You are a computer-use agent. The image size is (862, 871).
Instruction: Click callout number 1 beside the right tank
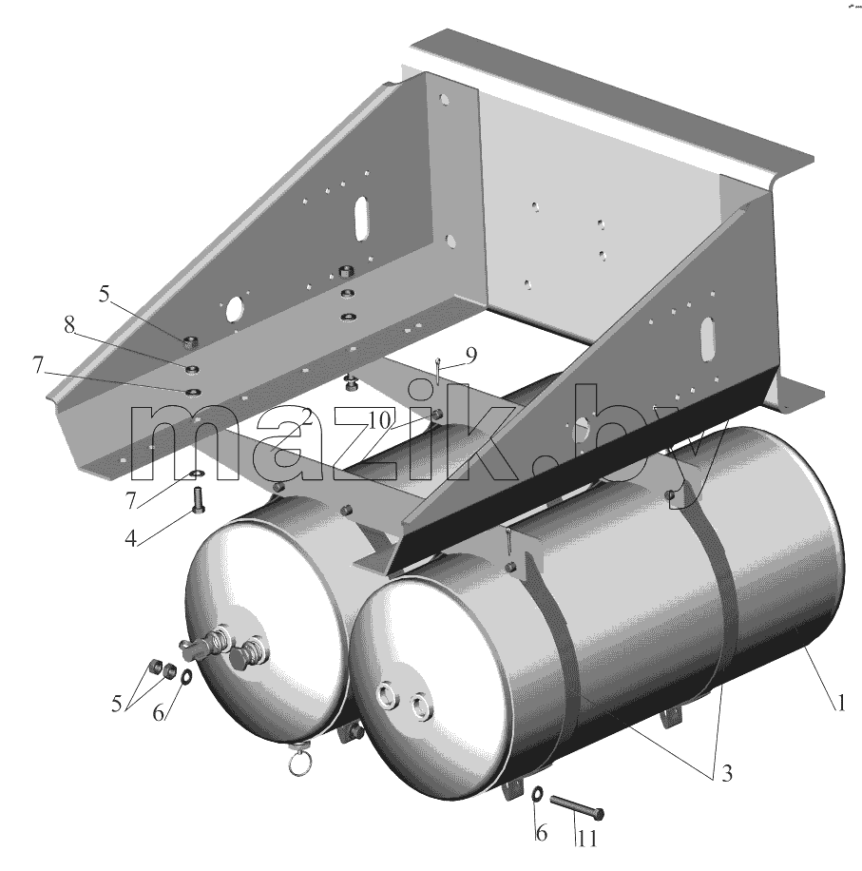[x=841, y=703]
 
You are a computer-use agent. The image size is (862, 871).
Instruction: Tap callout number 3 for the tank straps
[x=726, y=773]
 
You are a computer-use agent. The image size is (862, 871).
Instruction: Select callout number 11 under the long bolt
[x=586, y=838]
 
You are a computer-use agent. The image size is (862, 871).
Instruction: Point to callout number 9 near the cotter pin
[x=470, y=356]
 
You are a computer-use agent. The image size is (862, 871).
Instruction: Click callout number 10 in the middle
[x=379, y=420]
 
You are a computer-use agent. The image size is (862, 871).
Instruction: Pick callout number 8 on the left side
[x=68, y=325]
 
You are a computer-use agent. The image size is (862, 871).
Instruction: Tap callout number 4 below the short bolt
[x=130, y=538]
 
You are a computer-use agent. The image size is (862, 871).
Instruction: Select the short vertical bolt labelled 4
[x=199, y=501]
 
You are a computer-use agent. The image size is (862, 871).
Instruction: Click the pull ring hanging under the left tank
[x=298, y=765]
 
